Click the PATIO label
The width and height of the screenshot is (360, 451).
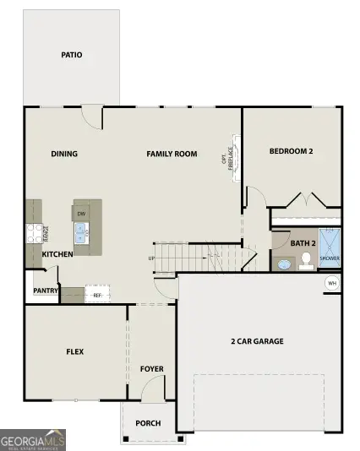click(72, 55)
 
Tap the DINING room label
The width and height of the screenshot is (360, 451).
click(64, 154)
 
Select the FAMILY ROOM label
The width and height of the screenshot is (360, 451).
click(172, 154)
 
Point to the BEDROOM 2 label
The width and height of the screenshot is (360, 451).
click(292, 152)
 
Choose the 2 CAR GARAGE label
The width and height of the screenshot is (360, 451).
click(257, 341)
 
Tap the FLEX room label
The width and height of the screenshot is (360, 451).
click(74, 351)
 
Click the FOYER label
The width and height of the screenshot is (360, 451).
click(152, 369)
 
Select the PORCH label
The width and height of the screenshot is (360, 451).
click(149, 423)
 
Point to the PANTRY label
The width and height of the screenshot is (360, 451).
click(46, 291)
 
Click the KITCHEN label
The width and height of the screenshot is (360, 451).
click(57, 254)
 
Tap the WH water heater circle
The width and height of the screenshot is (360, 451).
click(332, 282)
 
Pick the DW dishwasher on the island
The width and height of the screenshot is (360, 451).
click(82, 214)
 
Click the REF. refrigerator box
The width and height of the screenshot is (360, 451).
click(97, 296)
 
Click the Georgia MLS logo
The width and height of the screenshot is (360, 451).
click(33, 440)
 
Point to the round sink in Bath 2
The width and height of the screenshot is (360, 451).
click(284, 264)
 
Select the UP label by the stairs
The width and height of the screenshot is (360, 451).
click(152, 258)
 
